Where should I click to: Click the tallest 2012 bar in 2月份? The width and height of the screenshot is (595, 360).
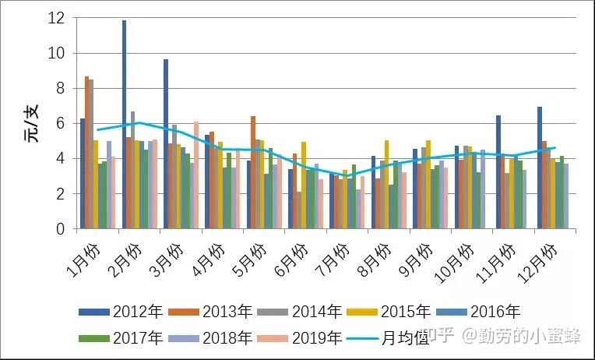coord(124,125)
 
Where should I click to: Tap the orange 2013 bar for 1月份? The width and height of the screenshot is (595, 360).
coord(87,153)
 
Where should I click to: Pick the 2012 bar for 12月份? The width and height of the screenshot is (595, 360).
coord(540,168)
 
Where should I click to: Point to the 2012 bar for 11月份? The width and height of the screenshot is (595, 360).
coord(498,172)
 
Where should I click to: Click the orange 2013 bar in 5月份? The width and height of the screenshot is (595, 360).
coord(253,172)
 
